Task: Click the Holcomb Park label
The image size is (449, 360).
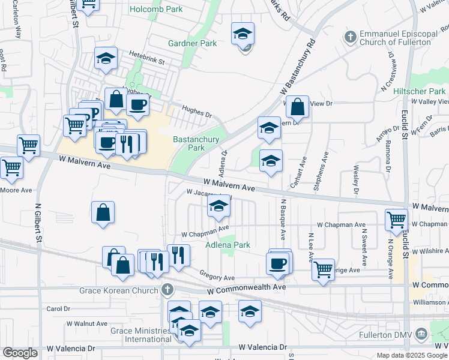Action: pos(156,10)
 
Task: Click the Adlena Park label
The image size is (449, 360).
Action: pos(228,245)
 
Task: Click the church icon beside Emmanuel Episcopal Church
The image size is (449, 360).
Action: pos(351,37)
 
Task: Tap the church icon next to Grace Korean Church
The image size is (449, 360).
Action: pos(167,290)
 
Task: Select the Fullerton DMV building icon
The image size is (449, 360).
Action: pos(421,333)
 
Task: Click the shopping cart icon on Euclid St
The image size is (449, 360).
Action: pos(396,220)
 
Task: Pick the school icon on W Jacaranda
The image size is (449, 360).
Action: pos(219,206)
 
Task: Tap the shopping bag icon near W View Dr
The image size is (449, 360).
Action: pos(297,107)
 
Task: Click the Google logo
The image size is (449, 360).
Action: pos(20,353)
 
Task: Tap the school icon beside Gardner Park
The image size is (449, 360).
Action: pos(243,34)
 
